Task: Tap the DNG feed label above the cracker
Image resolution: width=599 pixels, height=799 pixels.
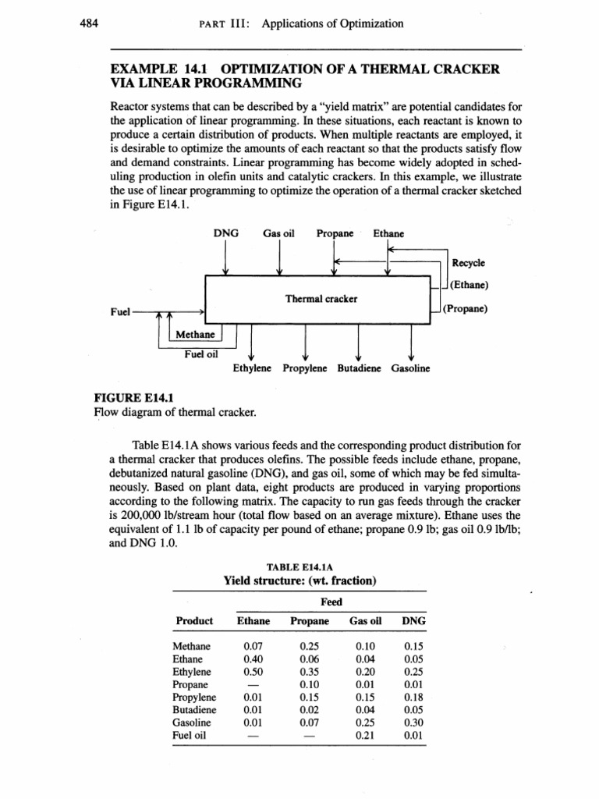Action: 225,233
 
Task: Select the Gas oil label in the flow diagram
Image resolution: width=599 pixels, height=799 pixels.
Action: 278,233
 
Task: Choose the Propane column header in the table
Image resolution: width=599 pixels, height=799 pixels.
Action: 310,621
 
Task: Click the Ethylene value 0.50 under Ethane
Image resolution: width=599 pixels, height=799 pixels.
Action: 253,670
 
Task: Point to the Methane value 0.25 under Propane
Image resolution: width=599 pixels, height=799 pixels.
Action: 310,645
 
